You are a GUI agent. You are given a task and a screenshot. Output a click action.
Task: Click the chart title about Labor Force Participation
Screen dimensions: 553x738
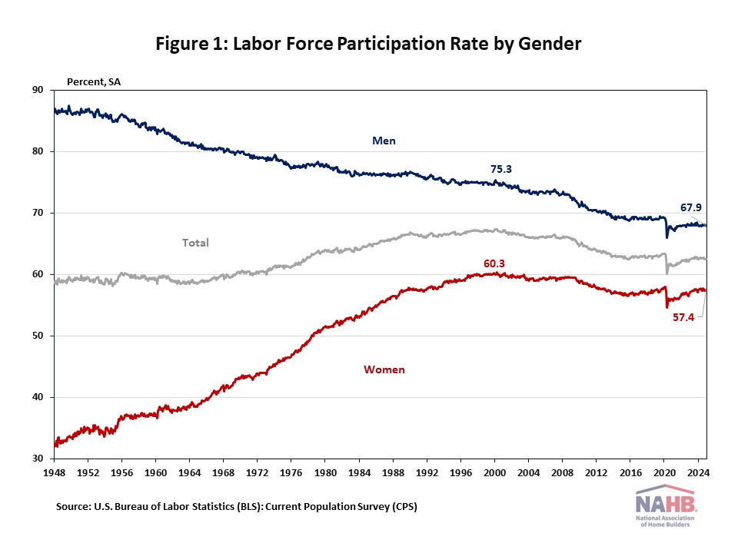point(368,44)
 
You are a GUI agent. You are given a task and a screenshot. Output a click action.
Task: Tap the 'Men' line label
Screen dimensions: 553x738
point(384,141)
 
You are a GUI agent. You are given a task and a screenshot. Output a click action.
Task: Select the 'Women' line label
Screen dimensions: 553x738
point(384,369)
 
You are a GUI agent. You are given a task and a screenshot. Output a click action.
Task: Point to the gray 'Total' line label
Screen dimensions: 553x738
point(195,243)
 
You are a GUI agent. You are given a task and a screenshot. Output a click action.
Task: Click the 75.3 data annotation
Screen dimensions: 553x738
point(502,169)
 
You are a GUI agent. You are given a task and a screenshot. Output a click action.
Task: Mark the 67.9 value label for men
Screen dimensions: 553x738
point(691,207)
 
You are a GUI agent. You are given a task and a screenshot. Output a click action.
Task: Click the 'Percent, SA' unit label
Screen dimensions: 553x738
point(93,80)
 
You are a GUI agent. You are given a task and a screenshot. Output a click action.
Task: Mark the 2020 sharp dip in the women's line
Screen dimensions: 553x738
point(667,307)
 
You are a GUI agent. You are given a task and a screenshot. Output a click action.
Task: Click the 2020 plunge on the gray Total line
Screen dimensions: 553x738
point(667,273)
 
